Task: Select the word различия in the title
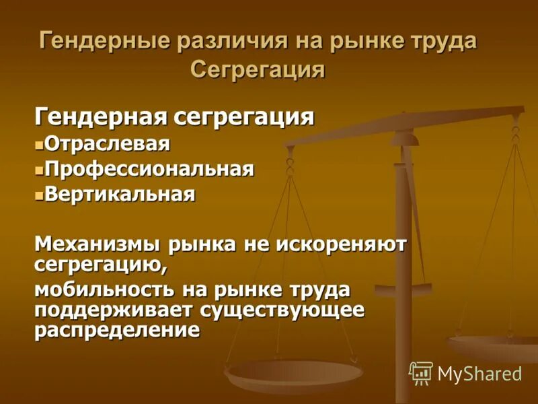coord(231,41)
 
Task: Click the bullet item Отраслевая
coord(108,143)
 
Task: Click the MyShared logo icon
coord(420,373)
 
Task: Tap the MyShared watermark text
coord(479,374)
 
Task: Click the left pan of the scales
coord(294,374)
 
